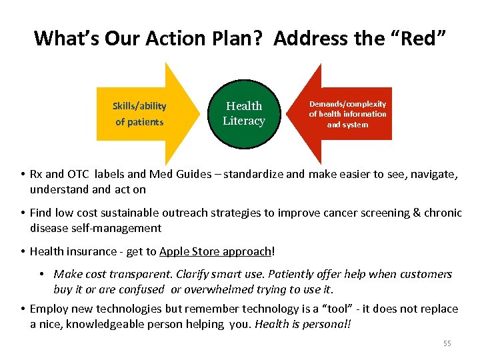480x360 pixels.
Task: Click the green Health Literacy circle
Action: click(x=244, y=113)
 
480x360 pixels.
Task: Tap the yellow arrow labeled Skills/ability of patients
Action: click(x=143, y=113)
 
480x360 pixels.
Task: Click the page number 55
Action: click(x=447, y=343)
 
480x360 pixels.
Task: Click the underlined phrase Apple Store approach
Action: click(x=215, y=251)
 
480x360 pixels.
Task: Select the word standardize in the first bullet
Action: click(x=256, y=174)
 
